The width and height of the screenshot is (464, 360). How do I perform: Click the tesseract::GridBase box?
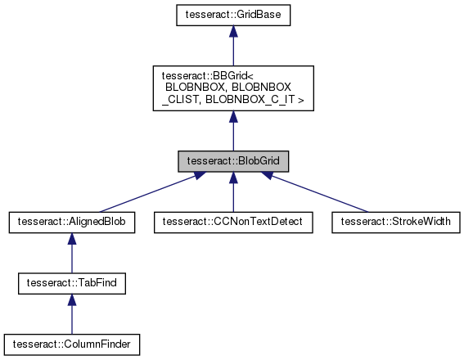pyautogui.click(x=233, y=15)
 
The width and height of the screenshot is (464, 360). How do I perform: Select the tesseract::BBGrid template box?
pyautogui.click(x=233, y=88)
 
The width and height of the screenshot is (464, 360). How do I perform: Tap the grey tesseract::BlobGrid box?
pyautogui.click(x=233, y=160)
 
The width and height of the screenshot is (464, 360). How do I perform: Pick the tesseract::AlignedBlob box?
pyautogui.click(x=71, y=221)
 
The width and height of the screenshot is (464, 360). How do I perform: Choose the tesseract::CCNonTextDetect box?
pyautogui.click(x=233, y=221)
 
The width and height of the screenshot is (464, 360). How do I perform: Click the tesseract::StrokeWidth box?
pyautogui.click(x=395, y=221)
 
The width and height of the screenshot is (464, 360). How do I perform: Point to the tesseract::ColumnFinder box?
pyautogui.click(x=71, y=343)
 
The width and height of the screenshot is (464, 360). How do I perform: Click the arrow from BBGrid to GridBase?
pyautogui.click(x=233, y=49)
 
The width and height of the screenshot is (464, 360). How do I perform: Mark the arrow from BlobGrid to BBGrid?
pyautogui.click(x=233, y=133)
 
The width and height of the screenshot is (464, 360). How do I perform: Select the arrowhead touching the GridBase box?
pyautogui.click(x=233, y=31)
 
